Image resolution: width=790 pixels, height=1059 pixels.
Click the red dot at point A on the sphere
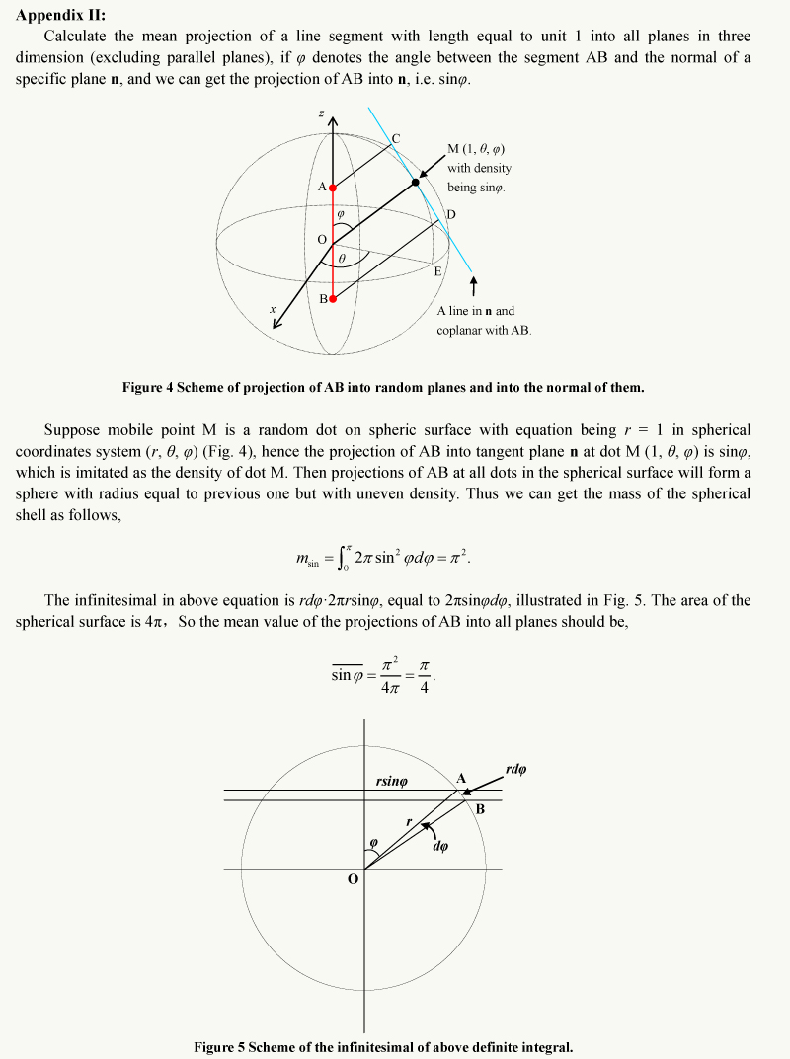[333, 188]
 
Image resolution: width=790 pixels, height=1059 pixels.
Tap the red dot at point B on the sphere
[333, 298]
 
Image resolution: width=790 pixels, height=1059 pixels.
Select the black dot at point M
[415, 182]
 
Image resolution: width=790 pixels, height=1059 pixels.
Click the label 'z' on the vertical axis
[321, 114]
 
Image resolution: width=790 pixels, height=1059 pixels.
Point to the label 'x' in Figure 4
[273, 310]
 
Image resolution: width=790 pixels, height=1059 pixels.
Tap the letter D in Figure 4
[450, 214]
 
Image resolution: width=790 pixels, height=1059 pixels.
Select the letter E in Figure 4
[437, 270]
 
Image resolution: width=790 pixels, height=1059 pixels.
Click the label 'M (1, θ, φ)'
[477, 149]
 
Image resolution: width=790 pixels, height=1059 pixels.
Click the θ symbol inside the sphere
[341, 259]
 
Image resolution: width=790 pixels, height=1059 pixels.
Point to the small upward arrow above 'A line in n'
[475, 285]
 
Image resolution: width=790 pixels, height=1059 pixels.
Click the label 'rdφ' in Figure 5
[515, 769]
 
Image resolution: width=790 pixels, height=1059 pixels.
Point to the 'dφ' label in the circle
[440, 845]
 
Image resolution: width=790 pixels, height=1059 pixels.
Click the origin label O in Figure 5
[352, 881]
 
